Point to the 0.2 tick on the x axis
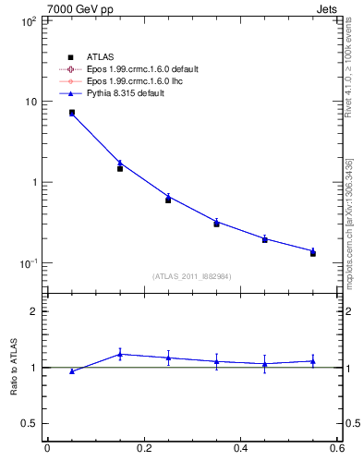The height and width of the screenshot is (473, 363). pos(143,449)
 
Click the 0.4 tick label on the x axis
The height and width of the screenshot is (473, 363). pos(240,449)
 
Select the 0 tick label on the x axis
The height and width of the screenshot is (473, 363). pos(47,449)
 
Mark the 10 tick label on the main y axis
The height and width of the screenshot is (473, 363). pos(30,102)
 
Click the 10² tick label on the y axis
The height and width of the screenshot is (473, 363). pos(29,20)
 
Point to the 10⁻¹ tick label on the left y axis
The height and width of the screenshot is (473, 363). pos(29,263)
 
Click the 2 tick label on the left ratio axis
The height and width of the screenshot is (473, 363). pos(33,311)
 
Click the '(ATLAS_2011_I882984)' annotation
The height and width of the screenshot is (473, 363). pos(191,276)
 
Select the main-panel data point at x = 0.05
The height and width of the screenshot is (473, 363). pos(71,113)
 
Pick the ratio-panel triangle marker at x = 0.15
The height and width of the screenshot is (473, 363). pos(120,354)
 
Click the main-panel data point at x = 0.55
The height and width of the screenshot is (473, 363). pos(313,251)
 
